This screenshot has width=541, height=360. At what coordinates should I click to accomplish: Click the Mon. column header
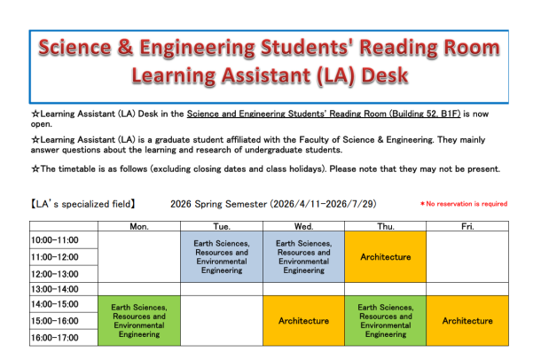pyautogui.click(x=138, y=225)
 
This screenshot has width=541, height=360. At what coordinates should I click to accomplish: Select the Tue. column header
pyautogui.click(x=222, y=225)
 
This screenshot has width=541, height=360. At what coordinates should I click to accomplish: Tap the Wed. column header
pyautogui.click(x=304, y=225)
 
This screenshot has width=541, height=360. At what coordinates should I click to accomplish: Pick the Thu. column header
pyautogui.click(x=386, y=225)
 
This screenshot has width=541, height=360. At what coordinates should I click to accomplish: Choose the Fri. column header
pyautogui.click(x=467, y=225)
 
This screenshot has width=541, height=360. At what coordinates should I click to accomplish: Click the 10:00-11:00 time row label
pyautogui.click(x=55, y=240)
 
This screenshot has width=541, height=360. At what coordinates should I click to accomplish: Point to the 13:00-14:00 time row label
pyautogui.click(x=55, y=289)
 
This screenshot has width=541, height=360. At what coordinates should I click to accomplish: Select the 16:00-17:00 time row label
pyautogui.click(x=55, y=338)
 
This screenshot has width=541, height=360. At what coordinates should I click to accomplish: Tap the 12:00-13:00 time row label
pyautogui.click(x=55, y=273)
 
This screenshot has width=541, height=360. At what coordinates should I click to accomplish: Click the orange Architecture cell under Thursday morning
pyautogui.click(x=386, y=257)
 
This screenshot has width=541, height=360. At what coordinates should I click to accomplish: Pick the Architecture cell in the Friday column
pyautogui.click(x=467, y=321)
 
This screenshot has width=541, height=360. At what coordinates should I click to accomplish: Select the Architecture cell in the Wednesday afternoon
pyautogui.click(x=304, y=321)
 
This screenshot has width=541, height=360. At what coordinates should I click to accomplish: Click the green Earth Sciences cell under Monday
pyautogui.click(x=138, y=321)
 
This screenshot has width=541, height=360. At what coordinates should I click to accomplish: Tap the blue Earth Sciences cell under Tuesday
pyautogui.click(x=222, y=257)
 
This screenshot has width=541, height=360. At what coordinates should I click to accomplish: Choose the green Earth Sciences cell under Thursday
pyautogui.click(x=386, y=321)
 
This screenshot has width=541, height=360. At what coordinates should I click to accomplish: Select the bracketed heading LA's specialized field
pyautogui.click(x=82, y=204)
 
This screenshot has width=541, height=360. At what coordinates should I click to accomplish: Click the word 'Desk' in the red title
pyautogui.click(x=380, y=76)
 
